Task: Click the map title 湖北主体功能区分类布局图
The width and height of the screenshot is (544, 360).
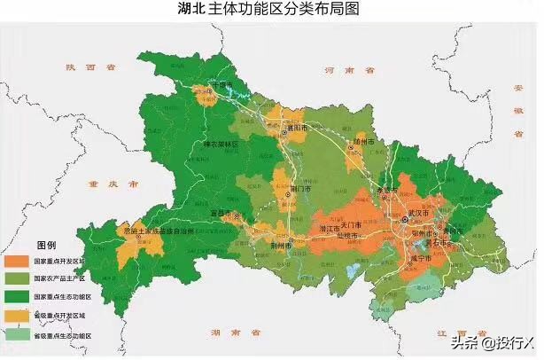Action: pyautogui.click(x=272, y=10)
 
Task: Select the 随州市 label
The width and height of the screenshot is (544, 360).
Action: pyautogui.click(x=364, y=142)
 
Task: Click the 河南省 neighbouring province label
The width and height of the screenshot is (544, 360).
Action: pyautogui.click(x=342, y=68)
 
